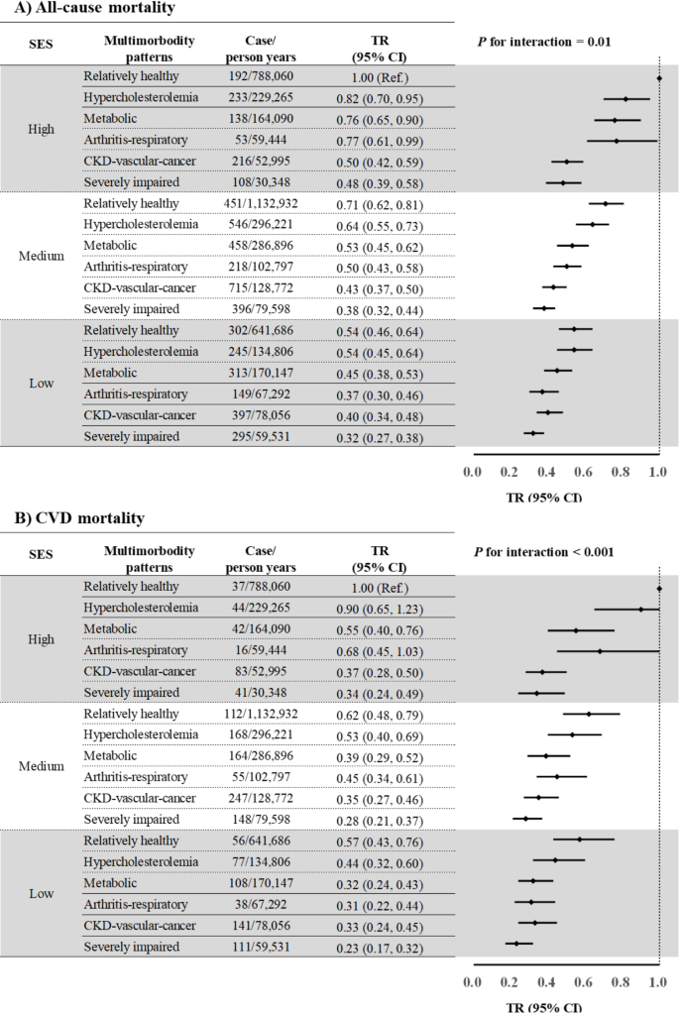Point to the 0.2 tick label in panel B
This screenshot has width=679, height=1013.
[x=509, y=981]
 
